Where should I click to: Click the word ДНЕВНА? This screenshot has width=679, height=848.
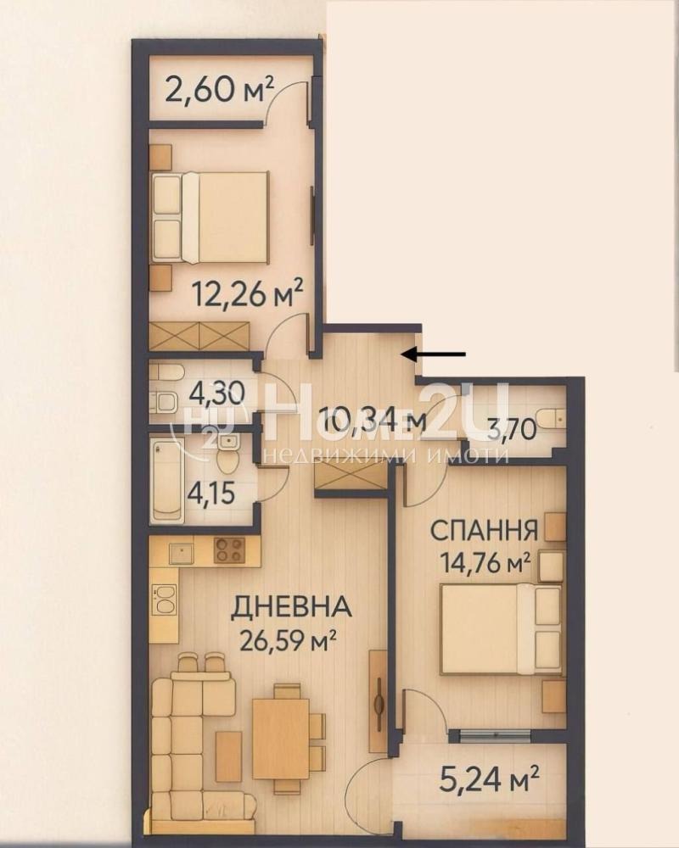[292, 607]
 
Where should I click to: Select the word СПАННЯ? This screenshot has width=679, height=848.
[484, 532]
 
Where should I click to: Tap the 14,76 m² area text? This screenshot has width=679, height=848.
[483, 561]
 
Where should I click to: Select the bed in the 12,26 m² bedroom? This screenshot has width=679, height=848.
[212, 216]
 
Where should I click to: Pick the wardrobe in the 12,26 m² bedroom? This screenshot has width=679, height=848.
[200, 336]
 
